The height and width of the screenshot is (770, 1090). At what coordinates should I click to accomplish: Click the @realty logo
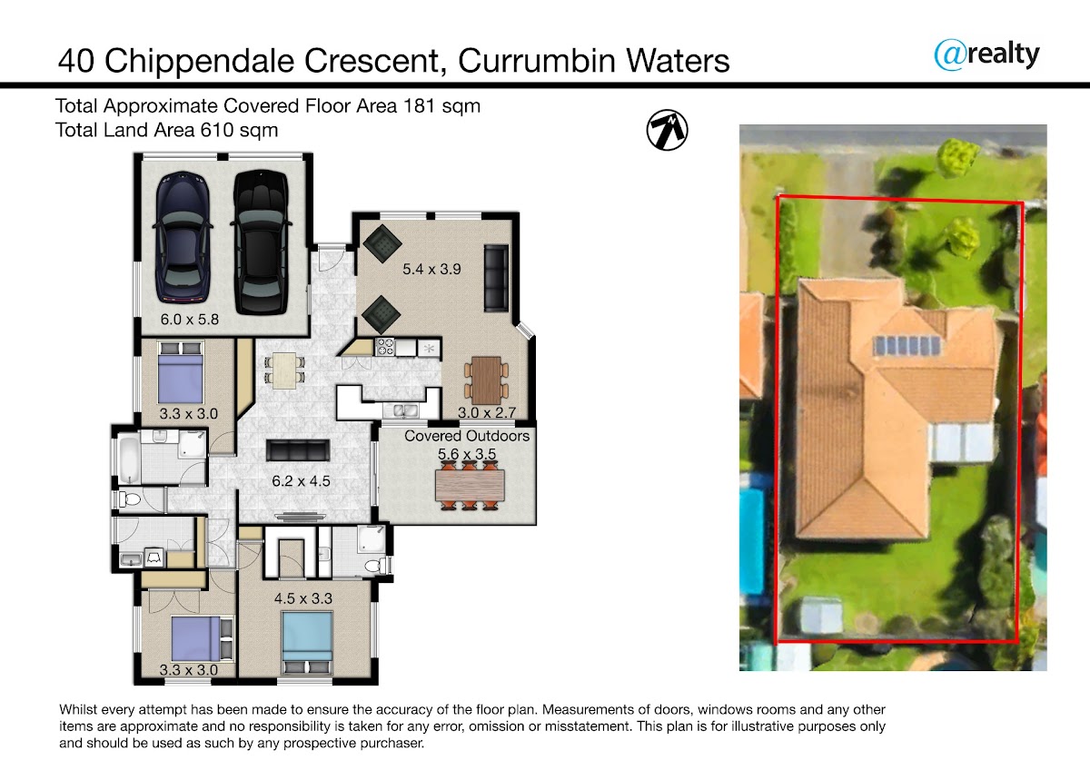986,54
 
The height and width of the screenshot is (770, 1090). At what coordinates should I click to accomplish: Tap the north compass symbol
667,130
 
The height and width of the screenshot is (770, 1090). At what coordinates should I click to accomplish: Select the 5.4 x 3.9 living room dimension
431,269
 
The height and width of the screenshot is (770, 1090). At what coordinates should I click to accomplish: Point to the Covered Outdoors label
467,436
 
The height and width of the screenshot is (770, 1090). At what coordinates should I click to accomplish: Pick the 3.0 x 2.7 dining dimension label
487,412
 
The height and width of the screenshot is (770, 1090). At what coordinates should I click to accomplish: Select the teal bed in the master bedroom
306,638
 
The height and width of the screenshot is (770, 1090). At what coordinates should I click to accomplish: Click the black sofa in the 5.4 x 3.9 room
496,276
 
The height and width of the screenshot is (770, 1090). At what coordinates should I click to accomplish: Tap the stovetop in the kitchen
383,346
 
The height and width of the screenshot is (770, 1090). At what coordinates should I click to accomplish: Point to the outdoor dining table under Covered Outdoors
469,486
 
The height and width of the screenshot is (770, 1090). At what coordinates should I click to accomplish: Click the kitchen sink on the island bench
401,411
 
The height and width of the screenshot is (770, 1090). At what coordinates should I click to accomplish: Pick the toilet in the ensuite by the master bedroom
375,566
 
